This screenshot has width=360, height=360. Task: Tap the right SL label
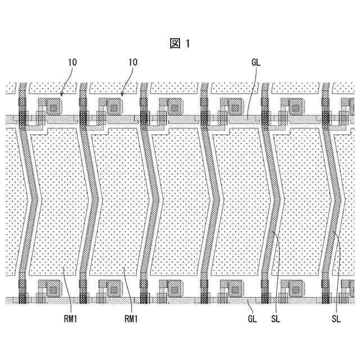pyautogui.click(x=336, y=319)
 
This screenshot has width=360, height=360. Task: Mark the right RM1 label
pyautogui.click(x=130, y=319)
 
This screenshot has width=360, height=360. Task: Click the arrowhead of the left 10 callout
pyautogui.click(x=60, y=93)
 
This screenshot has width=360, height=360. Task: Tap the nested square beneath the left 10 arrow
pyautogui.click(x=53, y=105)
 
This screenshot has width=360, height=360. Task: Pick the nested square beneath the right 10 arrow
pyautogui.click(x=114, y=105)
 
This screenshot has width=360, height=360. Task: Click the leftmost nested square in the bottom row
pyautogui.click(x=53, y=285)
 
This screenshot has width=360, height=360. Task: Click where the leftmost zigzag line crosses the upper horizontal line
pyautogui.click(x=23, y=119)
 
